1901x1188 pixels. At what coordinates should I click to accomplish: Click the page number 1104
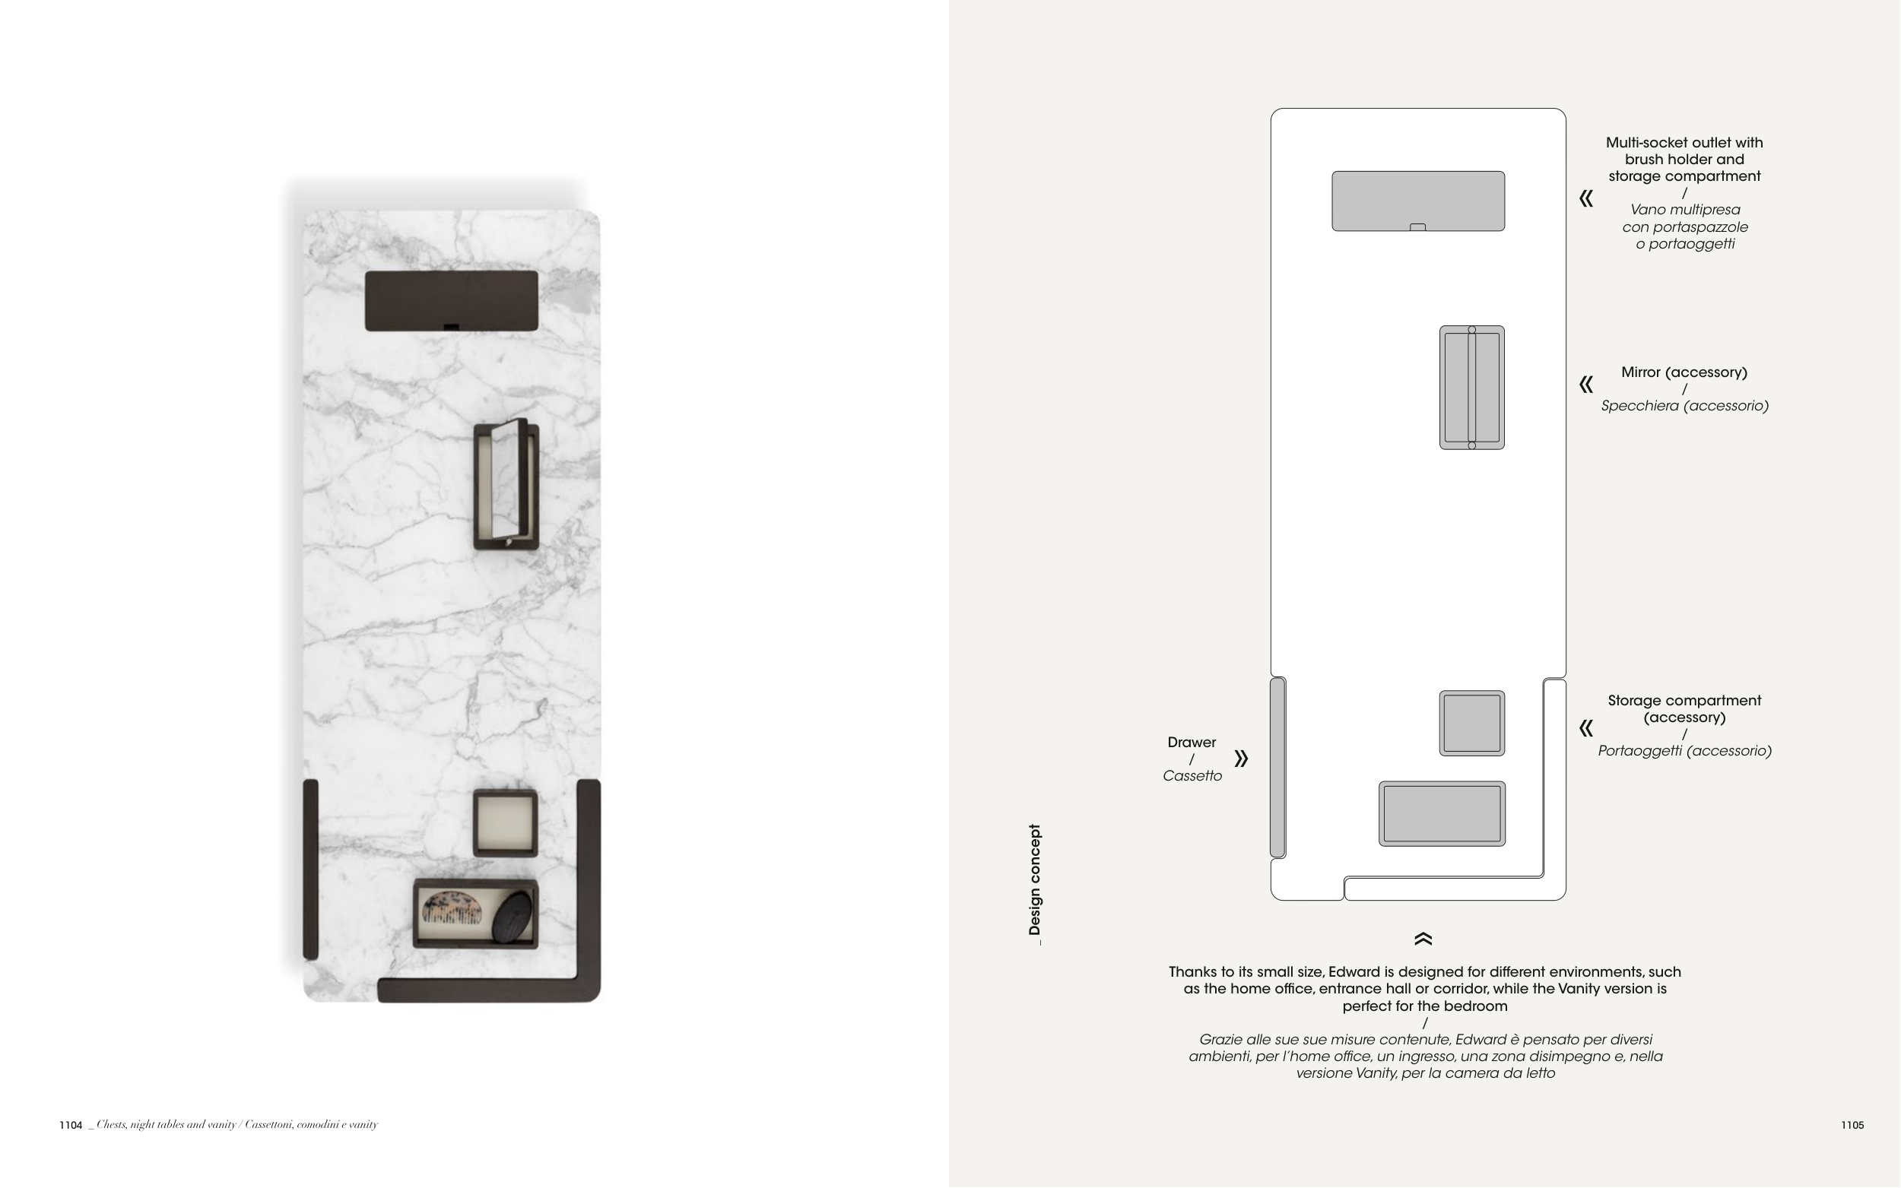(x=71, y=1125)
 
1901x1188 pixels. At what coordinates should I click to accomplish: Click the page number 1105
(x=1852, y=1125)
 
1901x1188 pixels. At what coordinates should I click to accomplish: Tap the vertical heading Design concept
(x=1035, y=884)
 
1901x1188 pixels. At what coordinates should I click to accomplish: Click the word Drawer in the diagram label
(x=1192, y=743)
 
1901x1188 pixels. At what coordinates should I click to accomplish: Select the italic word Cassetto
(x=1192, y=776)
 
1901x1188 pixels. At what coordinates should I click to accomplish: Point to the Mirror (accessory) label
(x=1684, y=372)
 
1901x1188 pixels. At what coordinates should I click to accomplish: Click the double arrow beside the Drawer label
(x=1241, y=759)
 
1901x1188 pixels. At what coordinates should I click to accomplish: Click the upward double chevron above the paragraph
(x=1423, y=939)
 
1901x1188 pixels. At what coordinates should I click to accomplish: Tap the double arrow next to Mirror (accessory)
(x=1587, y=384)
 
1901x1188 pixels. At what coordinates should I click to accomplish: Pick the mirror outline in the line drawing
(x=1472, y=388)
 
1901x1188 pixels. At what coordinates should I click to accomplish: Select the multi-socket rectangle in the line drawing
(x=1418, y=201)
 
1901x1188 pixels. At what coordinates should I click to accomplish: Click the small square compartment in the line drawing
(x=1472, y=724)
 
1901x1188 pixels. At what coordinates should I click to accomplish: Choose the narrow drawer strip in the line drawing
(x=1277, y=767)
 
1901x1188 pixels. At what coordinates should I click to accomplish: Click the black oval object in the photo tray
(x=512, y=916)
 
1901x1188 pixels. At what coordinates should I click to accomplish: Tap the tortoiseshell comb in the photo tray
(x=452, y=908)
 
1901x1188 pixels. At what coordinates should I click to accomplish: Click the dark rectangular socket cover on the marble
(x=452, y=301)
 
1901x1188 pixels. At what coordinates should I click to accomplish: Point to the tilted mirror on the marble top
(x=506, y=484)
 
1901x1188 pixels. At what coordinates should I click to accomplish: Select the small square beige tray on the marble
(x=506, y=823)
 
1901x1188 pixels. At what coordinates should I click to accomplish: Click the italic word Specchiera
(x=1638, y=406)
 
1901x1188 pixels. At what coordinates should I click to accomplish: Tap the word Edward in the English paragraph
(x=1354, y=972)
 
